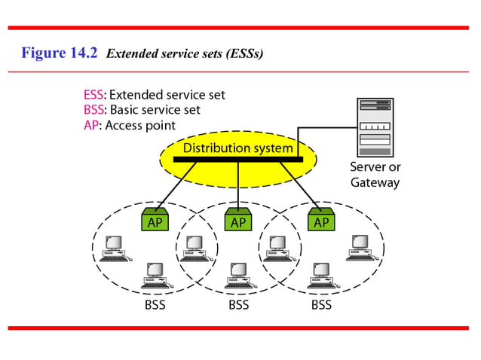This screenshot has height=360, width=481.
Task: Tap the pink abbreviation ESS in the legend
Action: (x=94, y=95)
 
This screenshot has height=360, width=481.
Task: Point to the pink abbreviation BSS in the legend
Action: (x=94, y=110)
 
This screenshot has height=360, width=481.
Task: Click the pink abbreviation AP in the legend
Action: (x=90, y=125)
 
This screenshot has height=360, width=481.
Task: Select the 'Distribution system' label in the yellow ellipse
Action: (x=237, y=148)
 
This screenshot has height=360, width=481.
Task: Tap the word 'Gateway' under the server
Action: (x=375, y=182)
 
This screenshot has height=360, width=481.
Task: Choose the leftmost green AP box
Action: (x=156, y=221)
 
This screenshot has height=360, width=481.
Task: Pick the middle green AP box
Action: (x=238, y=221)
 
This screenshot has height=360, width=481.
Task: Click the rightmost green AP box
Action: (x=321, y=221)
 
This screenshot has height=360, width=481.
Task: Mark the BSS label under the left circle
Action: (x=155, y=305)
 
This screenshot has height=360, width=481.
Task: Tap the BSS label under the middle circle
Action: (x=238, y=305)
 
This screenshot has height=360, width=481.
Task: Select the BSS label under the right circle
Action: (x=321, y=305)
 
